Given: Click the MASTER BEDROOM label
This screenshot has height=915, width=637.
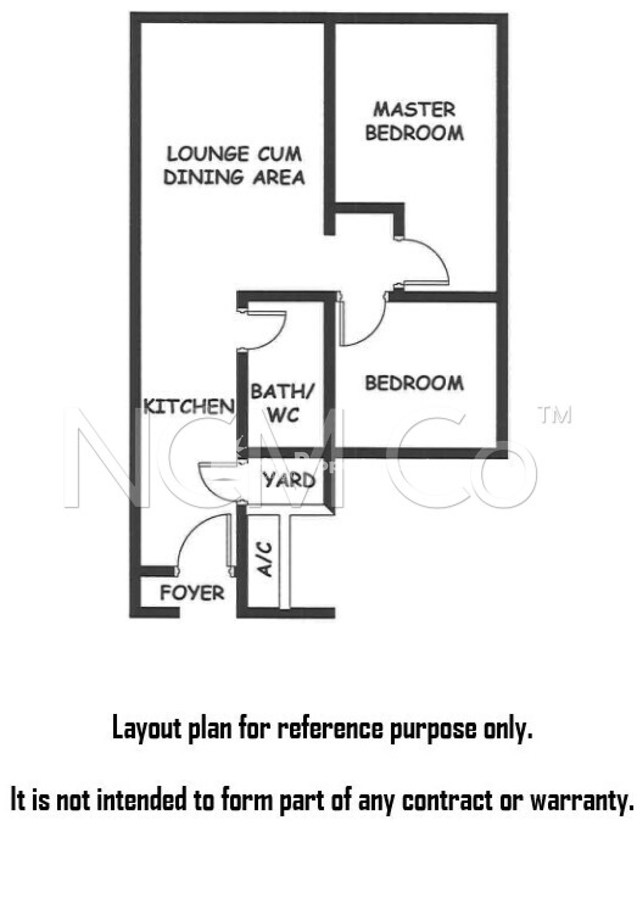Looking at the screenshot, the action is [x=414, y=122].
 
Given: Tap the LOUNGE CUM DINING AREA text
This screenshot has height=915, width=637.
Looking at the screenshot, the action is [x=234, y=165].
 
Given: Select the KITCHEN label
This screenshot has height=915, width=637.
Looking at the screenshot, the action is [x=189, y=406].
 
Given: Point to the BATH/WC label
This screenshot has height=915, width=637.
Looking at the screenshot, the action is [x=282, y=403].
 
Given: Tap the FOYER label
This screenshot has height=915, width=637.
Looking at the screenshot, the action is [x=192, y=593].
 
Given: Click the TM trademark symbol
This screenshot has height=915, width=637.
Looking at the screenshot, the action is [x=555, y=415].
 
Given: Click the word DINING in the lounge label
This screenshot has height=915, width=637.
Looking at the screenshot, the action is [x=203, y=177].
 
